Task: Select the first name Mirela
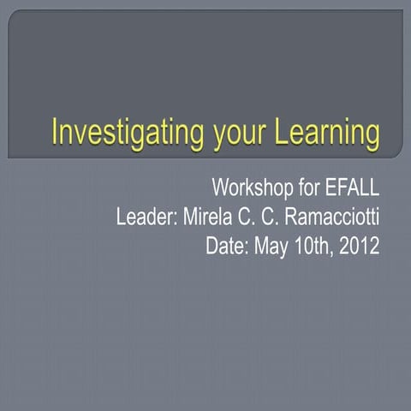tap(208, 217)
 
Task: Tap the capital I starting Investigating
tap(56, 134)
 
